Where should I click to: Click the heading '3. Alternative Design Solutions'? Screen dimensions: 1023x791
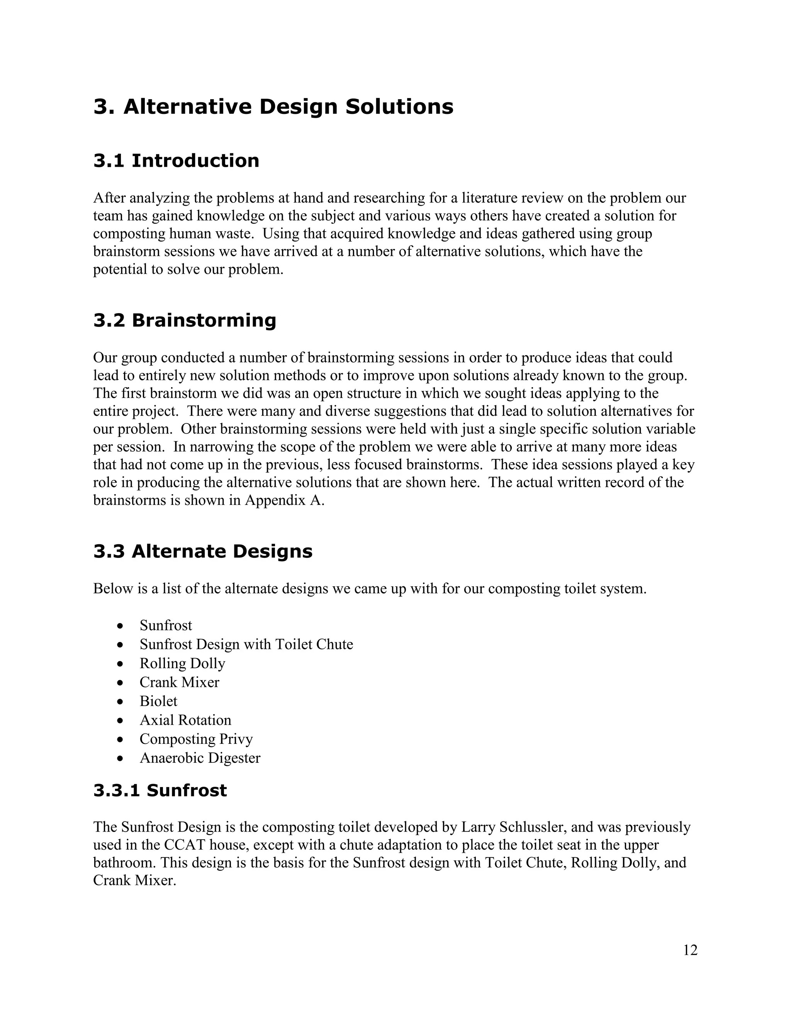coord(273,107)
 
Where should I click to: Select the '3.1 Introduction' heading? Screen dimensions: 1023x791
coord(176,161)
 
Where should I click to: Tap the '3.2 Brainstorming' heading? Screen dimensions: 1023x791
coord(185,320)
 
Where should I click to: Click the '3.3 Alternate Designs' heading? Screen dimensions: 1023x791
coord(202,551)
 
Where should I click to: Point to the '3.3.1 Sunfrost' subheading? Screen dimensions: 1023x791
coord(160,791)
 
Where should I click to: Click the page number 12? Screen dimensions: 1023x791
coord(690,950)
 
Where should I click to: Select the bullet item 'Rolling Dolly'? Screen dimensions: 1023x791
coord(182,663)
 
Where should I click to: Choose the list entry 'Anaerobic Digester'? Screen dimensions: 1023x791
coord(200,758)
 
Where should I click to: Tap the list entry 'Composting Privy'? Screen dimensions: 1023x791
coord(196,739)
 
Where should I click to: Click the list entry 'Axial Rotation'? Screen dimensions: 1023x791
coord(185,720)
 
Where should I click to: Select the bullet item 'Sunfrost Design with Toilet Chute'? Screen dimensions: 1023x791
coord(246,645)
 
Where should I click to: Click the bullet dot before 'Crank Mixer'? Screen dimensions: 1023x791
coord(121,683)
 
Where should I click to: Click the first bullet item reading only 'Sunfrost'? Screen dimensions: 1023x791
coord(166,625)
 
